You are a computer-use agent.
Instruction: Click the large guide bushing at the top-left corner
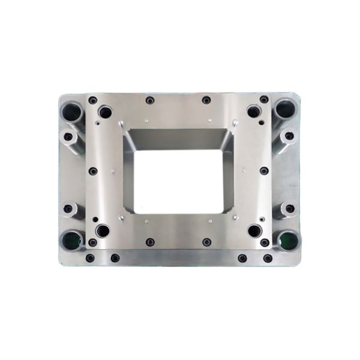pyautogui.click(x=72, y=110)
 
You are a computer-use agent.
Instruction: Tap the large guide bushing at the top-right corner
pyautogui.click(x=285, y=110)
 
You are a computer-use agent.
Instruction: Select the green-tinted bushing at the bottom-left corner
pyautogui.click(x=72, y=240)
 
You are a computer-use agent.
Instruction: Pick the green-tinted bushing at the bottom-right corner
pyautogui.click(x=287, y=240)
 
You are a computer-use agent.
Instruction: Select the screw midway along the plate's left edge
pyautogui.click(x=93, y=171)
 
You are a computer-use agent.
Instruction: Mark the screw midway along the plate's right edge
pyautogui.click(x=264, y=171)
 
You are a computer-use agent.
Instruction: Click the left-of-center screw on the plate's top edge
pyautogui.click(x=149, y=100)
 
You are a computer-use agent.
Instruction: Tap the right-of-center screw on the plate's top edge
pyautogui.click(x=206, y=100)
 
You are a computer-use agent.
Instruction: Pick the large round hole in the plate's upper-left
pyautogui.click(x=105, y=112)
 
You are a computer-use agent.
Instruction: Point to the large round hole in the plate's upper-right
pyautogui.click(x=253, y=112)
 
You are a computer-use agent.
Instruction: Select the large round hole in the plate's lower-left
pyautogui.click(x=103, y=230)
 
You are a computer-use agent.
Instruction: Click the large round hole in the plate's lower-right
pyautogui.click(x=254, y=230)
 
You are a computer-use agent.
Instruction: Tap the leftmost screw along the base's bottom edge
pyautogui.click(x=90, y=258)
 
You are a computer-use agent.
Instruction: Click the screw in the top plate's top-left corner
pyautogui.click(x=92, y=100)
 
